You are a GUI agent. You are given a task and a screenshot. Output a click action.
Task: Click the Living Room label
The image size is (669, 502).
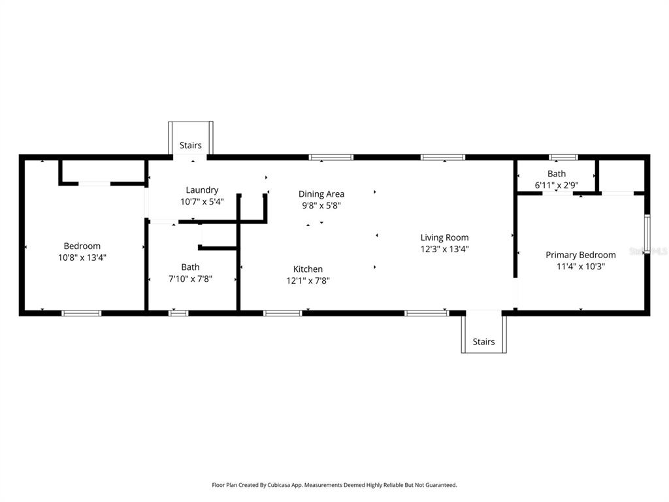click(444, 237)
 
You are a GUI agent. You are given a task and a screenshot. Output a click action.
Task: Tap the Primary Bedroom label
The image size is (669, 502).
click(580, 255)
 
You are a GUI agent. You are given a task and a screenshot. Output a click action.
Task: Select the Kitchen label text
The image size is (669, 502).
click(308, 269)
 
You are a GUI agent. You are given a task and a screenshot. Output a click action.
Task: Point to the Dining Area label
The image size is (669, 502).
click(321, 194)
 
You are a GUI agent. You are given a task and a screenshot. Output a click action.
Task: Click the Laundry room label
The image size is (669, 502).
click(202, 190)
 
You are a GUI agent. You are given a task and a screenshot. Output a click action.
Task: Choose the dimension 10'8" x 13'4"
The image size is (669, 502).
click(82, 258)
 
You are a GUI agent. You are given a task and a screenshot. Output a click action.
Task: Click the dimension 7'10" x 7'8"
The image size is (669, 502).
click(190, 278)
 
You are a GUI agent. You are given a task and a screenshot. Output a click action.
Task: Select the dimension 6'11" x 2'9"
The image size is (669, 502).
click(557, 185)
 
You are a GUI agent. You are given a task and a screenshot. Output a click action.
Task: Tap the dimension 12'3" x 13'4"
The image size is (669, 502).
click(444, 248)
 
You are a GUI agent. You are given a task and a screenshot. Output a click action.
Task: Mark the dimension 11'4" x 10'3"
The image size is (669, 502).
click(580, 266)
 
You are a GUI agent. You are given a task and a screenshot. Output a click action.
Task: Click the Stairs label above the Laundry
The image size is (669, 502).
click(191, 145)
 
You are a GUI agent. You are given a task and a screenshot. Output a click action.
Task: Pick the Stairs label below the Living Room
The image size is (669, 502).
click(483, 341)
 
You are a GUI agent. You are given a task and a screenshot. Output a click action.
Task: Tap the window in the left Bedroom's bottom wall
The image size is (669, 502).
click(82, 313)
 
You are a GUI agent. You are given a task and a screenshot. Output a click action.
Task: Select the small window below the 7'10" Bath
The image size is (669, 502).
click(178, 313)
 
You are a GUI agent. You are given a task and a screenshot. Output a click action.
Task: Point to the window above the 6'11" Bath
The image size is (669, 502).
click(563, 157)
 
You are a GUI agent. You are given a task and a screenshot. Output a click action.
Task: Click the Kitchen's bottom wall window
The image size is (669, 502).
click(282, 313)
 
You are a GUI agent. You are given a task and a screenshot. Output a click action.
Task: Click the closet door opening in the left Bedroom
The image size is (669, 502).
click(95, 184)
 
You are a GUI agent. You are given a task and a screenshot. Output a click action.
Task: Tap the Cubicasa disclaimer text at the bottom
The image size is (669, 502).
click(334, 485)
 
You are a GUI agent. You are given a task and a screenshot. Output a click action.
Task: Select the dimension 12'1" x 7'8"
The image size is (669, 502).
click(308, 280)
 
